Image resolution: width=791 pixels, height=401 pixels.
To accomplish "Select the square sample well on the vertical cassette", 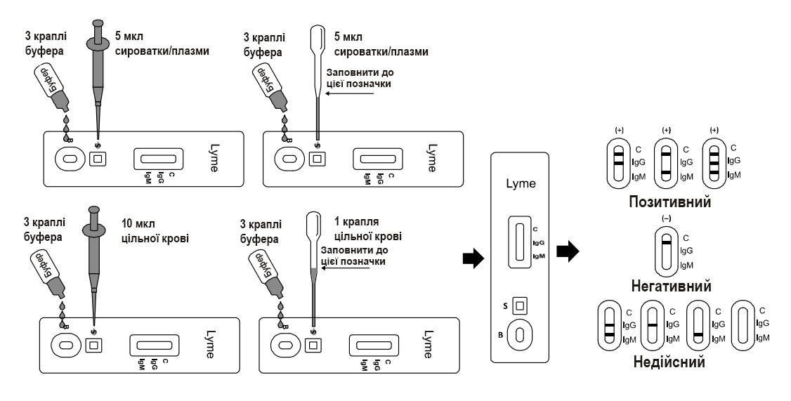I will coord(521,305).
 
